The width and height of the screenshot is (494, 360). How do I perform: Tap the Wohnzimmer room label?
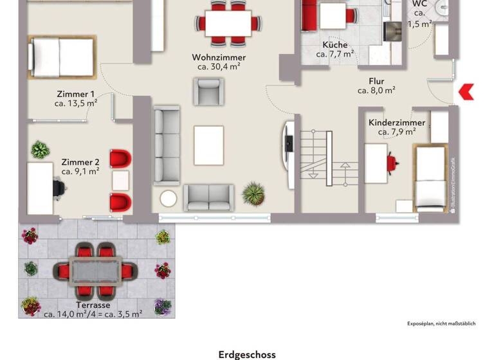click(x=219, y=57)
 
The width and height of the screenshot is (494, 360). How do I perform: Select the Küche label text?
click(x=335, y=45)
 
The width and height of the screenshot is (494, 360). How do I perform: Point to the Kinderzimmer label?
click(x=396, y=123)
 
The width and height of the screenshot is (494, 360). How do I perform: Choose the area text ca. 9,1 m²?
click(x=80, y=172)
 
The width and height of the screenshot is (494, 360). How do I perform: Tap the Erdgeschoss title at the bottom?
click(x=247, y=354)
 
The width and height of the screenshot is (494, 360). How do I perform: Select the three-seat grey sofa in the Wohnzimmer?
click(x=167, y=145)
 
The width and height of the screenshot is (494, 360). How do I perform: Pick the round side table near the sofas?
click(x=169, y=199)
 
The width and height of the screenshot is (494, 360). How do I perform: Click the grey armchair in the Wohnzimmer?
click(x=209, y=91)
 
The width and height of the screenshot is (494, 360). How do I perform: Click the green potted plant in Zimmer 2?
click(x=41, y=150)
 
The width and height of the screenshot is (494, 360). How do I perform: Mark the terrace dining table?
click(x=96, y=271)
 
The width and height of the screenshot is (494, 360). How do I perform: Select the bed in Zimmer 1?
click(x=61, y=55)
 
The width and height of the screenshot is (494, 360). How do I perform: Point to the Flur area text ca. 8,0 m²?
click(x=376, y=91)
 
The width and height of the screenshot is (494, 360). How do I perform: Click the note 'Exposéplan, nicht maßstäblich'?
click(x=441, y=323)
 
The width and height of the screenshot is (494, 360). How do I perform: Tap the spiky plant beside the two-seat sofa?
click(x=253, y=192)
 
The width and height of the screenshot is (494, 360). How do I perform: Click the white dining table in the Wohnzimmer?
click(x=228, y=24)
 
